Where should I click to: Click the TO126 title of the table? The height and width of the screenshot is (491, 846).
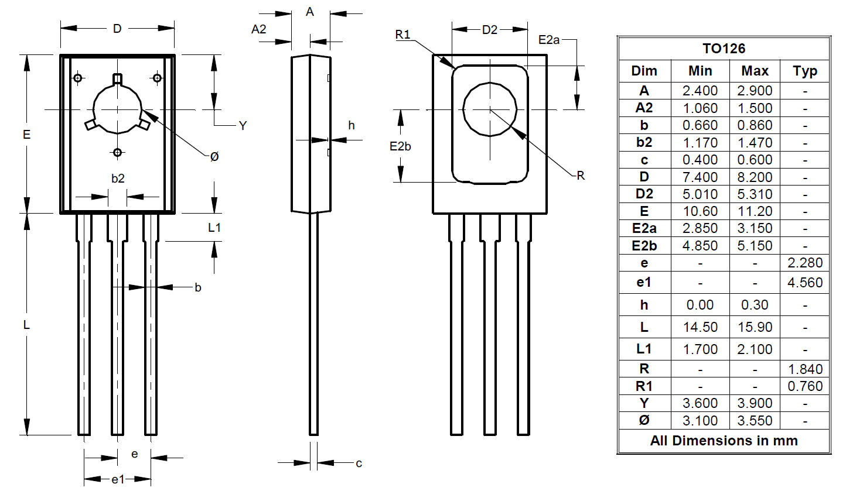coord(724,49)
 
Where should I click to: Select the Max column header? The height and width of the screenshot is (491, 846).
coord(755,71)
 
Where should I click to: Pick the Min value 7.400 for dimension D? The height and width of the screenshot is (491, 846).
coord(700,177)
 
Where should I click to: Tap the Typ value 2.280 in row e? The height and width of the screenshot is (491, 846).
coord(805,262)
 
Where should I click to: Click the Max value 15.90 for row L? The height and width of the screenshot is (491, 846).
coord(755,327)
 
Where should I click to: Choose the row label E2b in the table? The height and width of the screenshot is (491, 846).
coord(644,246)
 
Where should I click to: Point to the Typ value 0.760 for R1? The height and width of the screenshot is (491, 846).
coord(805,386)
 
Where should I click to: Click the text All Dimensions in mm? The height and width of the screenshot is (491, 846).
coord(724,441)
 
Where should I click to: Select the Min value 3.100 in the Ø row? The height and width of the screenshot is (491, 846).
coord(700,420)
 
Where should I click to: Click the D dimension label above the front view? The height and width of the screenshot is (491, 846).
coord(117,29)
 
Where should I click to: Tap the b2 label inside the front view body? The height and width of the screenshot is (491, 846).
coord(118,178)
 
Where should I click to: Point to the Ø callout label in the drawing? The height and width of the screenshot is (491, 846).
coord(214,156)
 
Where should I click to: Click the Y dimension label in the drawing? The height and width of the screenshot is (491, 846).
coord(243,126)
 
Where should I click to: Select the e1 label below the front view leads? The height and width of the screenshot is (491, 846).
coord(118,479)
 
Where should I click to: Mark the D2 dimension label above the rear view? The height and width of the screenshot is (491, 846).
coord(490,30)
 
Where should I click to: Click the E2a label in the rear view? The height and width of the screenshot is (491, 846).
coord(549,40)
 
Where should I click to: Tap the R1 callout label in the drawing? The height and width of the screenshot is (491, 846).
coord(402,35)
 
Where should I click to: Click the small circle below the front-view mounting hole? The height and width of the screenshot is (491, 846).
coord(117,153)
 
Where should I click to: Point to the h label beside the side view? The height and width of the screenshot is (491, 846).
coord(352,125)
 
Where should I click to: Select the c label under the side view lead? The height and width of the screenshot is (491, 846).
coord(359,463)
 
